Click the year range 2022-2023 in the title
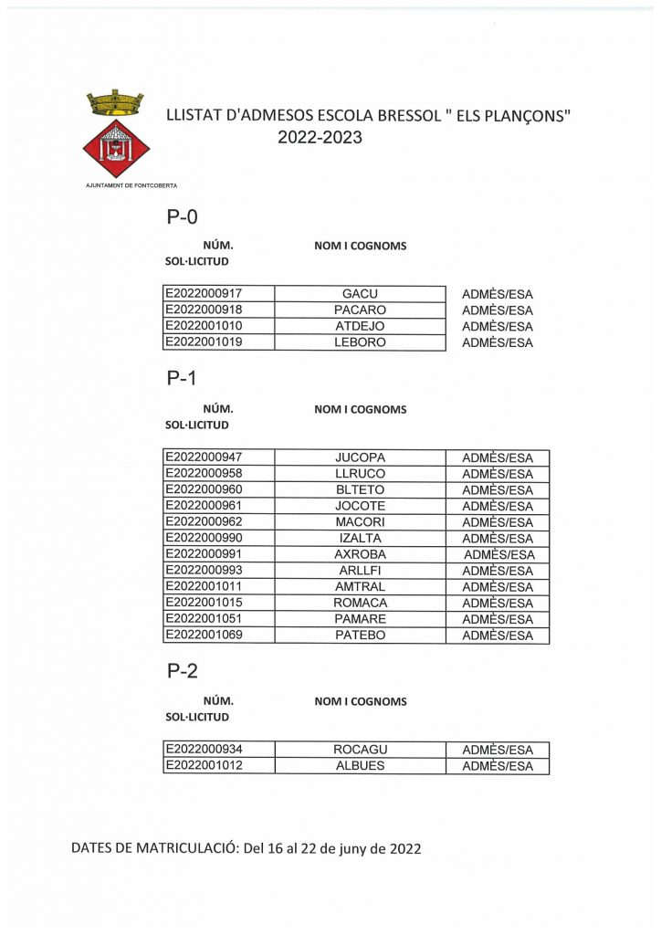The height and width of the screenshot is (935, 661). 320,138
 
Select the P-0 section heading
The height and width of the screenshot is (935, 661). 182,217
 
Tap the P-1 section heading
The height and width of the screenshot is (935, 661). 182,379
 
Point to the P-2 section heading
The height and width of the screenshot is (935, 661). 182,671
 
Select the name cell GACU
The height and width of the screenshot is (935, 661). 360,294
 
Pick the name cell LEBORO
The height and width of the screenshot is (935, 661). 360,342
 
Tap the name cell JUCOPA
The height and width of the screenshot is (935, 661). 360,457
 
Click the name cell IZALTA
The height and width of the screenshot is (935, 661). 360,539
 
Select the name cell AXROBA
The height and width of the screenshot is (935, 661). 360,554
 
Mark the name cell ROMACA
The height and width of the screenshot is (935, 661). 360,603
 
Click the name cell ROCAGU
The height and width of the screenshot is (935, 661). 360,750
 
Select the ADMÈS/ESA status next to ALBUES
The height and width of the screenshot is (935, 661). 498,766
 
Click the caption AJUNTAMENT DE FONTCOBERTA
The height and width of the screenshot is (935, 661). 131,185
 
